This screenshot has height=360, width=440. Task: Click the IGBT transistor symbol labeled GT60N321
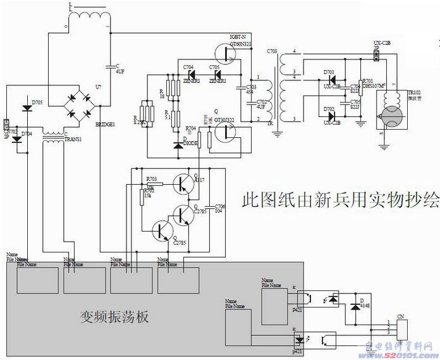point(226,53)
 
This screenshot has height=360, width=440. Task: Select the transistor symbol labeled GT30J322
point(226,132)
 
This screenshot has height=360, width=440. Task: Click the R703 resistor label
point(152,180)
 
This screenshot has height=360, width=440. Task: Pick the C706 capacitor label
point(219,207)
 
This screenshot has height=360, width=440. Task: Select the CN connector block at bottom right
point(400,328)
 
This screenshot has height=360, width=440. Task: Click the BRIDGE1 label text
point(105,125)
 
